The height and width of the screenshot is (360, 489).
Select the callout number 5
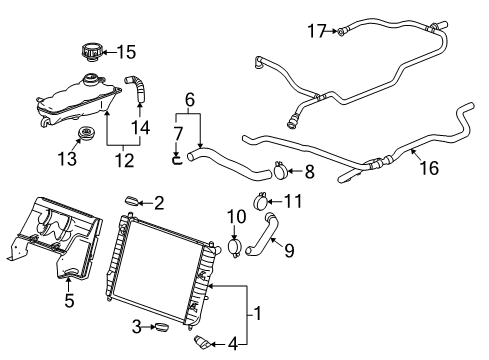click(69, 298)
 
